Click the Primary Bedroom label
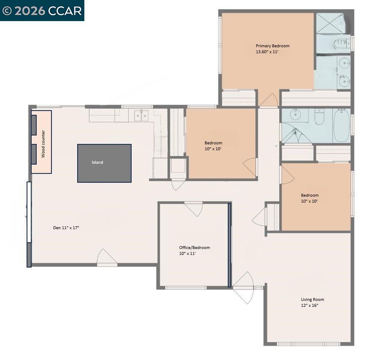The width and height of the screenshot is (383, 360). [x=272, y=46]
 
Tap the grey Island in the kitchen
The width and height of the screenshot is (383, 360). [x=104, y=163]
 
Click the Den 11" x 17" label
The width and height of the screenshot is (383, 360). [x=66, y=227]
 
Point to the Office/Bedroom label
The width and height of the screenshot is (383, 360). [x=194, y=247]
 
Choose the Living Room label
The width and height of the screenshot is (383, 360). [x=312, y=300]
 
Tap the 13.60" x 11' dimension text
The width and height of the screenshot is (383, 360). [x=267, y=51]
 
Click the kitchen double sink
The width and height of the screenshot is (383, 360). [x=141, y=115]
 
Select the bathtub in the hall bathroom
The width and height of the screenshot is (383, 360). [x=341, y=125]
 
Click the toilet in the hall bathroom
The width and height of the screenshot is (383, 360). [x=319, y=118]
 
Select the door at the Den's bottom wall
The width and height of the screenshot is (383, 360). [x=107, y=258]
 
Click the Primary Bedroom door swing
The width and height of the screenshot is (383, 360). [x=269, y=100]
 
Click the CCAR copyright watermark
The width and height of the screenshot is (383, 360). [x=42, y=11]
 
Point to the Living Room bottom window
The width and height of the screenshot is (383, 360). [x=309, y=344]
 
